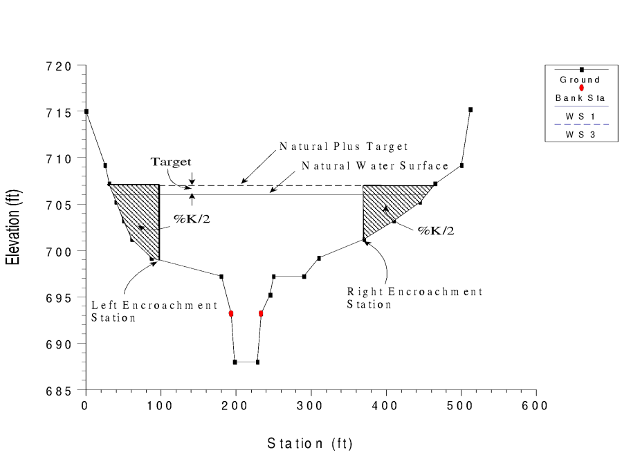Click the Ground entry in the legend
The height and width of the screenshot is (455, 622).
pyautogui.click(x=580, y=80)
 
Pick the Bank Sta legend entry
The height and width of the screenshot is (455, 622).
pyautogui.click(x=580, y=98)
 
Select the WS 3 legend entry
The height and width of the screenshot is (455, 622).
pyautogui.click(x=580, y=134)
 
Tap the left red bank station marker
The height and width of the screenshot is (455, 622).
pyautogui.click(x=231, y=314)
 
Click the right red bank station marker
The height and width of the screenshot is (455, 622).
pyautogui.click(x=261, y=314)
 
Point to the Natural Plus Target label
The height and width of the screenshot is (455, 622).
pyautogui.click(x=343, y=147)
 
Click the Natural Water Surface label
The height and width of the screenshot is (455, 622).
pyautogui.click(x=375, y=166)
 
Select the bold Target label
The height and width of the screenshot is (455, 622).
pyautogui.click(x=171, y=162)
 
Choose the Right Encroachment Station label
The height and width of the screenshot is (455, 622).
pyautogui.click(x=414, y=298)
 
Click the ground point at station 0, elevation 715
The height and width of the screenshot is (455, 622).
pyautogui.click(x=86, y=111)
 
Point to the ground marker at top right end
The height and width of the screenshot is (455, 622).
pyautogui.click(x=470, y=110)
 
